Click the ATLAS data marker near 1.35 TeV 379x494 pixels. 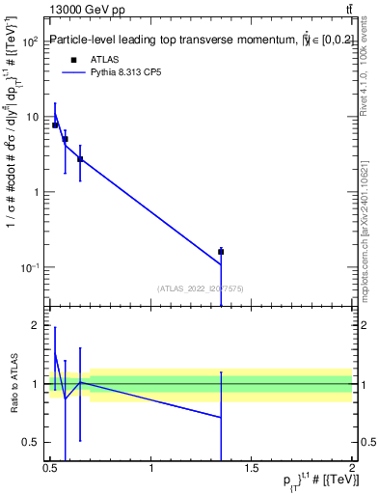coord(221,252)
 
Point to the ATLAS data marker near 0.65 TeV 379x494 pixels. coord(80,159)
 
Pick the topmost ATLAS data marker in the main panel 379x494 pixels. coord(55,124)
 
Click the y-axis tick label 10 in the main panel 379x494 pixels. coord(32,117)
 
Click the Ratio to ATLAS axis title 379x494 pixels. coord(13,384)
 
